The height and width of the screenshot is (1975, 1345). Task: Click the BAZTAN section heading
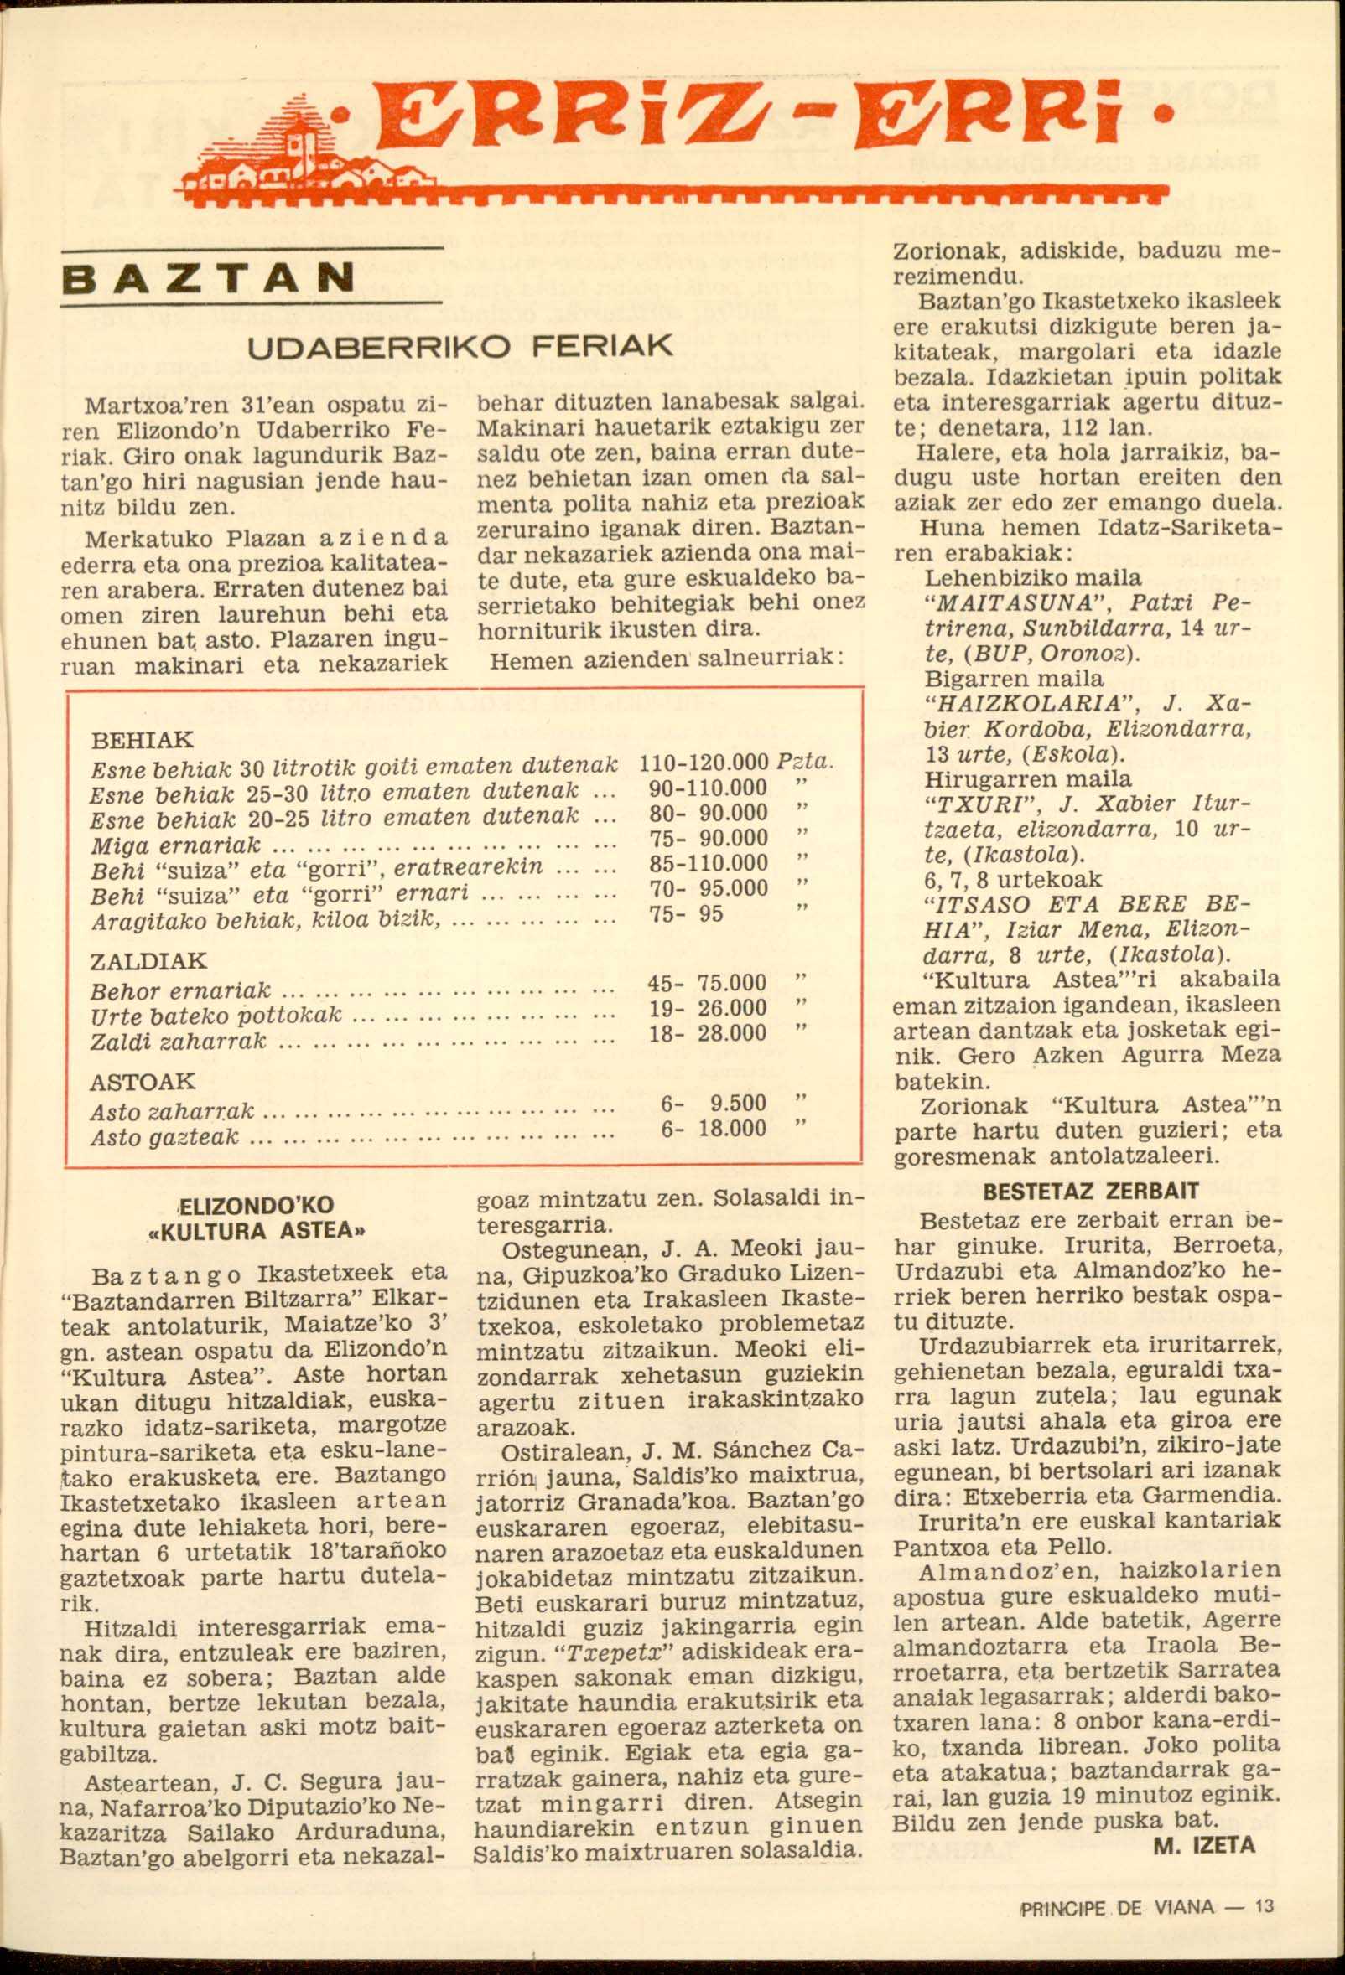click(209, 278)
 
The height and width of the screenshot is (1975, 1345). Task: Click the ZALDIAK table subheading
click(148, 961)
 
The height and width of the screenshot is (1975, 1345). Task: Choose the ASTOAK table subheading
click(143, 1082)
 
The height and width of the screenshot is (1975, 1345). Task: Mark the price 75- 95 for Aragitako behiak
click(686, 913)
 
